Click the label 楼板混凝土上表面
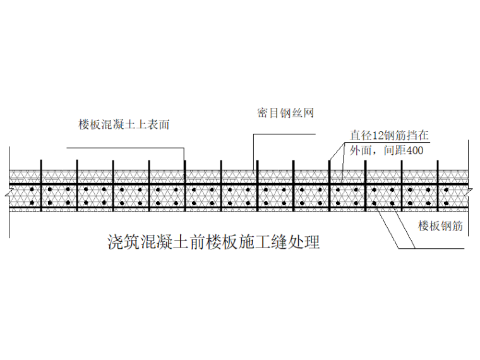pyautogui.click(x=124, y=125)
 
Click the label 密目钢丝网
pyautogui.click(x=285, y=114)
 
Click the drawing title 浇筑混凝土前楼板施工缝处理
pyautogui.click(x=214, y=243)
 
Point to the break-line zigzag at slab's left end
pyautogui.click(x=8, y=190)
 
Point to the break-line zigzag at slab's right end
pyautogui.click(x=470, y=190)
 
